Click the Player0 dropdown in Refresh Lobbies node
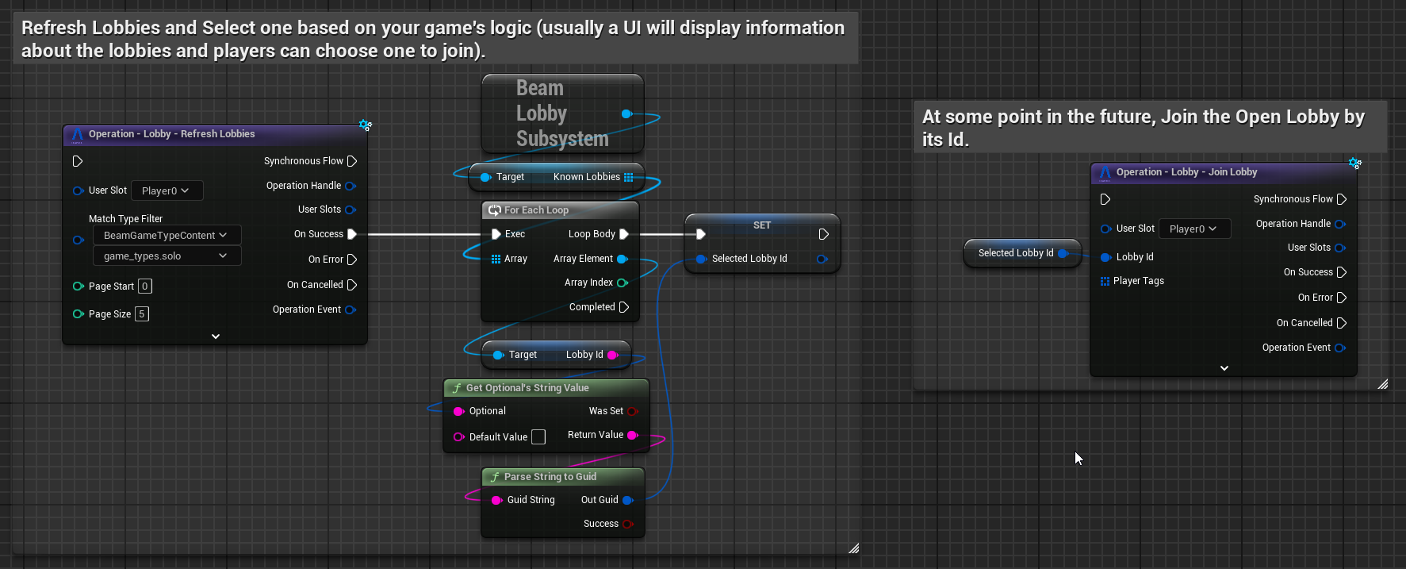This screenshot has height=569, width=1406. pyautogui.click(x=167, y=190)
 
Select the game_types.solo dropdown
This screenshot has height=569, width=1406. pyautogui.click(x=167, y=256)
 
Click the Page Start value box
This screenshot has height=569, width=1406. pyautogui.click(x=145, y=286)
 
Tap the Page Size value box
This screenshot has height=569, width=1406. pyautogui.click(x=142, y=314)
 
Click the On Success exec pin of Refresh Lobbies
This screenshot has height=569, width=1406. pyautogui.click(x=352, y=234)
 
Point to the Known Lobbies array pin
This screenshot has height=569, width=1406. pyautogui.click(x=629, y=177)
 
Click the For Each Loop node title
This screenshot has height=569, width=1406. pyautogui.click(x=536, y=210)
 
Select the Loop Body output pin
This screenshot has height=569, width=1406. pyautogui.click(x=624, y=234)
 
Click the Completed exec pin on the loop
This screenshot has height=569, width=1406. pyautogui.click(x=624, y=307)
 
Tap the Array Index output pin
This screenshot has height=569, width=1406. pyautogui.click(x=623, y=283)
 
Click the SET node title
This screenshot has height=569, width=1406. pyautogui.click(x=762, y=225)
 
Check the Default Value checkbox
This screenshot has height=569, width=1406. pyautogui.click(x=538, y=437)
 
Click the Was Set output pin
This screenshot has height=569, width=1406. pyautogui.click(x=632, y=411)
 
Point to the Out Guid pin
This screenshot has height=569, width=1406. pyautogui.click(x=628, y=500)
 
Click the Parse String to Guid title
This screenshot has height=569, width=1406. pyautogui.click(x=550, y=477)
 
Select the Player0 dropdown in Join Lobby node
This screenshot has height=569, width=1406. pyautogui.click(x=1194, y=229)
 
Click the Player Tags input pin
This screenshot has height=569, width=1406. pyautogui.click(x=1105, y=281)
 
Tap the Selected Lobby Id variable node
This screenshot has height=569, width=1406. pyautogui.click(x=1022, y=253)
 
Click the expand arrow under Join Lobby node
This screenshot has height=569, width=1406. pyautogui.click(x=1224, y=368)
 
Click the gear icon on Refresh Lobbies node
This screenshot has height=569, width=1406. pyautogui.click(x=365, y=125)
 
